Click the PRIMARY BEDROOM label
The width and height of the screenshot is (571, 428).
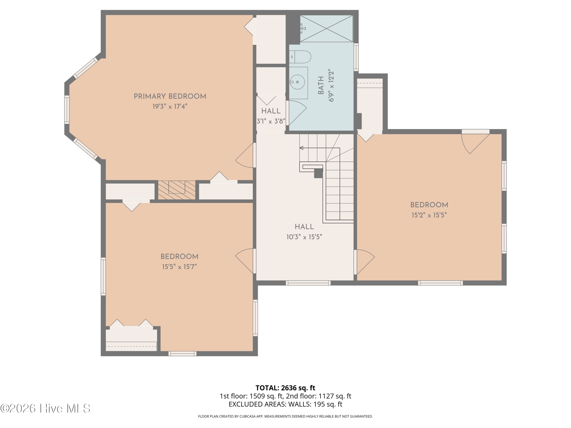tap(170, 96)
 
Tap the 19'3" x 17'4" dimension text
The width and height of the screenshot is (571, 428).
tap(170, 106)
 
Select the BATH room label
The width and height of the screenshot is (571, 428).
tap(321, 85)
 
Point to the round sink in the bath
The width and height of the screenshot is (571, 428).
tap(297, 82)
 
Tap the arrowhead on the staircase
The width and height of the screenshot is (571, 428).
tap(301, 148)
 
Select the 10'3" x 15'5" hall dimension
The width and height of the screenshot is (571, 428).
tap(304, 237)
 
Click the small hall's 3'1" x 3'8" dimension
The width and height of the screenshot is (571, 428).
tap(271, 121)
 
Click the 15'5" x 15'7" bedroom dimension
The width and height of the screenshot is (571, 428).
tap(179, 267)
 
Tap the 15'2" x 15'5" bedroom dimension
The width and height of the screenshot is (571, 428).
tap(429, 215)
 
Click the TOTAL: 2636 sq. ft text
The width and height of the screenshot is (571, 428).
tap(285, 388)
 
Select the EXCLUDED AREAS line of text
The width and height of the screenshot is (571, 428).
tap(285, 404)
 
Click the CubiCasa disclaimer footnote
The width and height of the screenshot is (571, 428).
tap(285, 416)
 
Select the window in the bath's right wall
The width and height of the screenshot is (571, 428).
tap(356, 57)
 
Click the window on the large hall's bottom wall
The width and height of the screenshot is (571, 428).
tap(308, 283)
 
